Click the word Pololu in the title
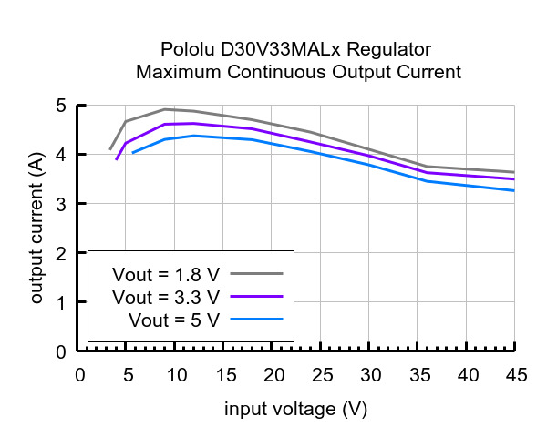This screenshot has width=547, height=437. pos(184,49)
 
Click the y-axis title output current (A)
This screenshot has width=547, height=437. pos(37,229)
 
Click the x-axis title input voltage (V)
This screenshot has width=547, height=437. pos(296,409)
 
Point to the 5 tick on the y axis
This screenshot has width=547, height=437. pos(60,106)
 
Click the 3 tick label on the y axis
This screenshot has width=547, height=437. pos(60,204)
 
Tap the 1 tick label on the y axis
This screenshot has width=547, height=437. pos(60,302)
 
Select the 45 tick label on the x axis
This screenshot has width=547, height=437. pos(515,375)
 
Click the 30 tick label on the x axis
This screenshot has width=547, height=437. pos(369,375)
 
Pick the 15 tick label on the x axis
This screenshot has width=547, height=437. pos(224,375)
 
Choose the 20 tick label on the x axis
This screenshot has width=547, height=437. pos(273,375)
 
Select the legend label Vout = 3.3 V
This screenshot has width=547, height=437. pos(166,297)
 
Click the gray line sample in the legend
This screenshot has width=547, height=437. pos(257,273)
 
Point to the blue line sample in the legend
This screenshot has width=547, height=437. pos(257,319)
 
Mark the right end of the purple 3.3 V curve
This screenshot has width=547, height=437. pos(514,179)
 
